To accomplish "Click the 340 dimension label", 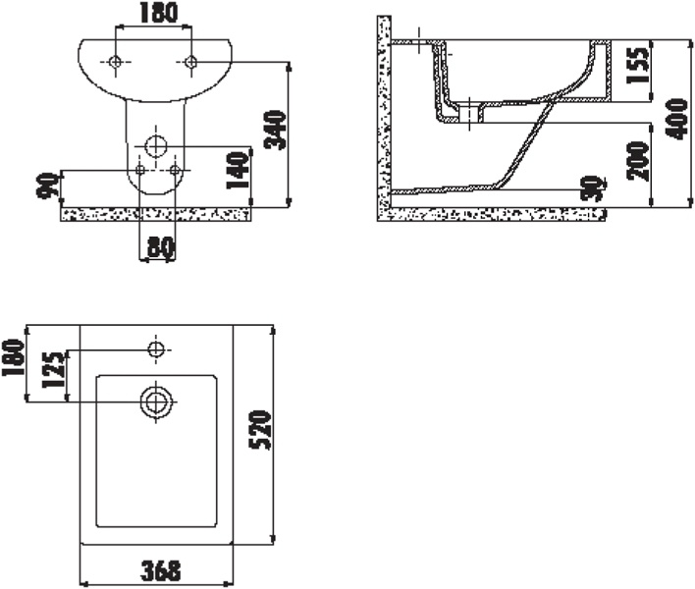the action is click(275, 130).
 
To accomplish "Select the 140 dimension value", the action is click(237, 170).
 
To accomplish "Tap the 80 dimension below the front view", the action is click(161, 248).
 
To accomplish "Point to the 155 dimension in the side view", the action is click(637, 65).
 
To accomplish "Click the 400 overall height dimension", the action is click(677, 119).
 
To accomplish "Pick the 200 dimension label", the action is click(637, 160).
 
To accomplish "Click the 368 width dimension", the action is click(161, 570).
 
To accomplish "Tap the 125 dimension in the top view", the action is click(53, 370).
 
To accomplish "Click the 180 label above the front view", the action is click(159, 13).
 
